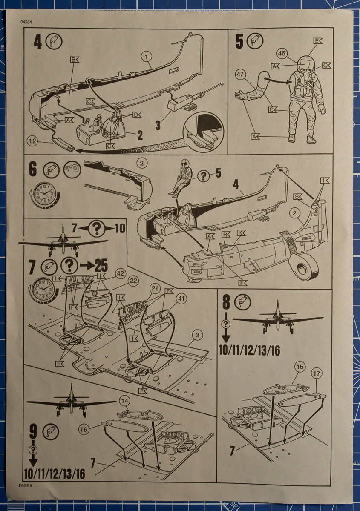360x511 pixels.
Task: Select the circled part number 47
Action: point(241,75)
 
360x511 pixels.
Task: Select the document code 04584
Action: point(26,22)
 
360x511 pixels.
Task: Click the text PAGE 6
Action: point(26,485)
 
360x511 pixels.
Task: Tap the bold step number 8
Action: point(226,303)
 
